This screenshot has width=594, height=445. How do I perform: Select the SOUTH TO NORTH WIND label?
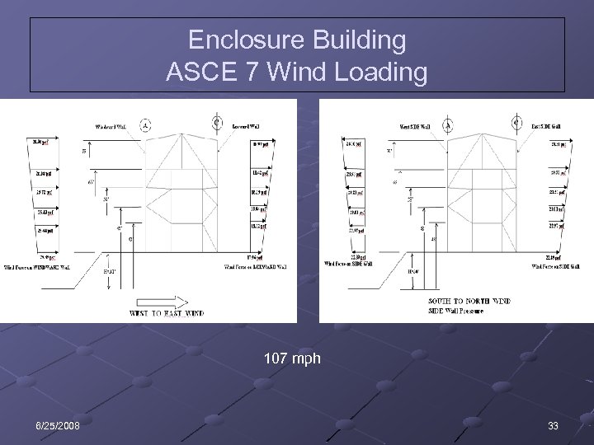[x=469, y=301]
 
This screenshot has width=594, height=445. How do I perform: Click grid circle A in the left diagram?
[x=145, y=126]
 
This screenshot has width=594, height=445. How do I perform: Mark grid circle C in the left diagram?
[x=216, y=123]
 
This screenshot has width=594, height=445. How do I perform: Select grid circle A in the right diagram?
[x=448, y=125]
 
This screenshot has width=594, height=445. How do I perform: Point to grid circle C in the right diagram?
[x=517, y=122]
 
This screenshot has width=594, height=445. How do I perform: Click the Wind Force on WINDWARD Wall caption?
[x=38, y=267]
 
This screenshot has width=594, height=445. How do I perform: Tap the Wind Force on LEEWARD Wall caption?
[x=256, y=267]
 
